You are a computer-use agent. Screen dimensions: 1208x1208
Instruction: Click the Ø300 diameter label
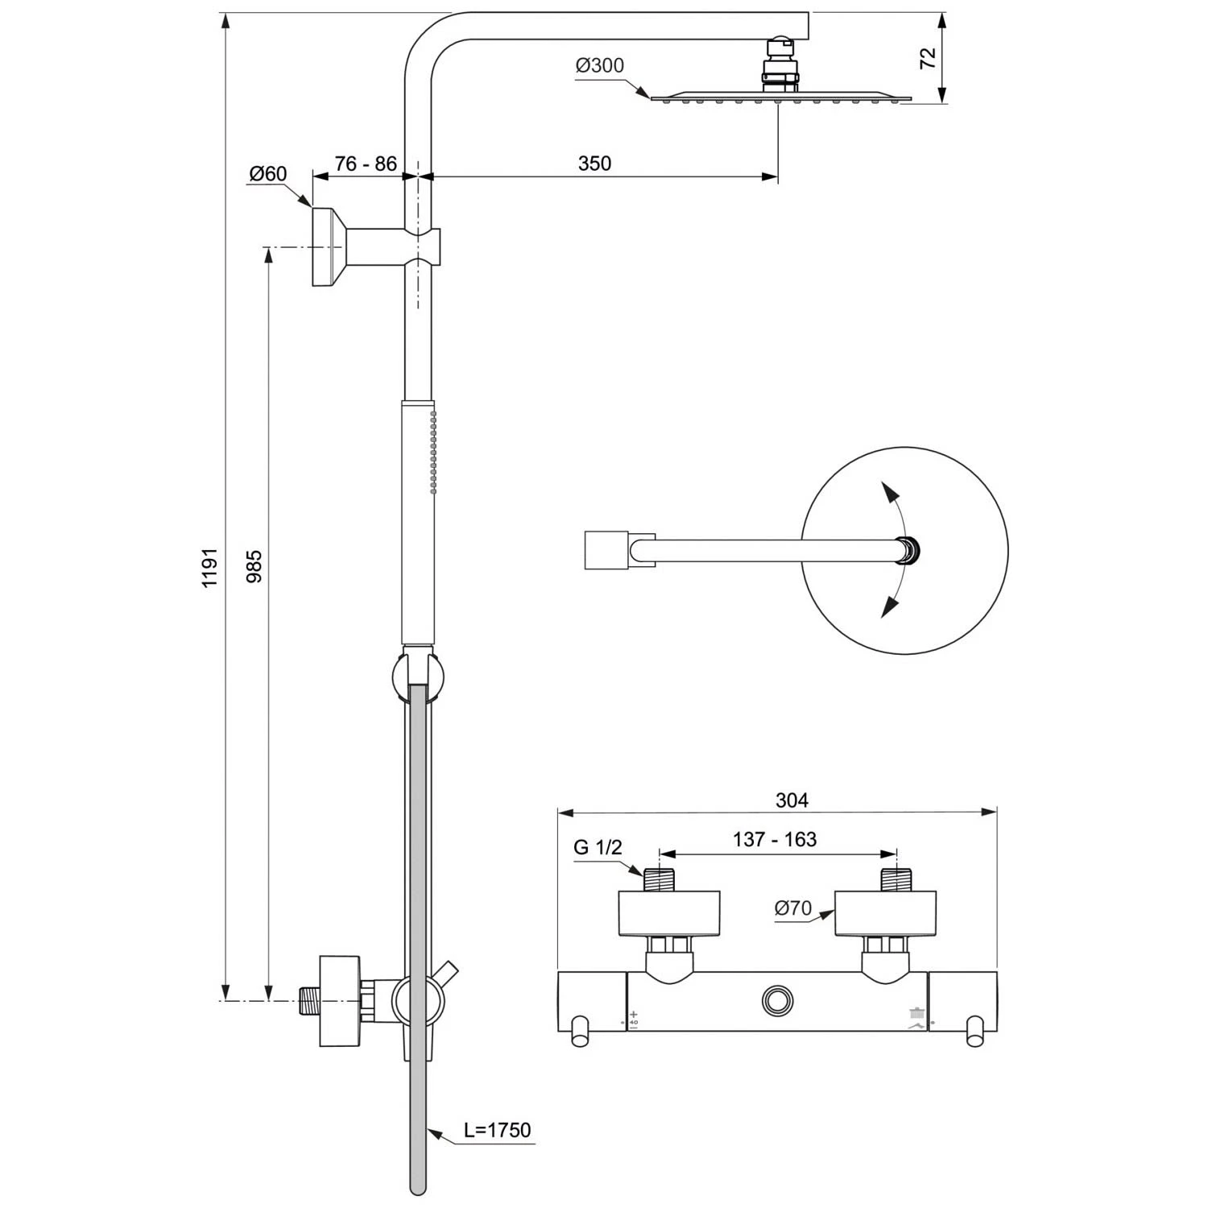600,66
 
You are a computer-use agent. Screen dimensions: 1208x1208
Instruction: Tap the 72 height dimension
929,57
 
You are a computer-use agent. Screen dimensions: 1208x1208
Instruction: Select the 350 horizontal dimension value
594,163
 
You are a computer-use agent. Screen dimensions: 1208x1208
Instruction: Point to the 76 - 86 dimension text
366,163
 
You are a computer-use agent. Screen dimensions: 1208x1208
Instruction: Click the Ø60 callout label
268,174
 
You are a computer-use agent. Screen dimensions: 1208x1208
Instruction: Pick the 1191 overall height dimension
210,568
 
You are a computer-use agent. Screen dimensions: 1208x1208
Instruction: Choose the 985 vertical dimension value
254,566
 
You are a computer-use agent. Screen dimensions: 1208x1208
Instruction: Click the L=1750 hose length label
497,1130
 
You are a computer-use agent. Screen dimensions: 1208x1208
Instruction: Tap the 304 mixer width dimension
792,800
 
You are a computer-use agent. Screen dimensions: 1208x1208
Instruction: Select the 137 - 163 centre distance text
775,839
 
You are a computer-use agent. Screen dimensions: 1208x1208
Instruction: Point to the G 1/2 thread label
598,847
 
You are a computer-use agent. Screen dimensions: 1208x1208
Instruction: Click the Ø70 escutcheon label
793,908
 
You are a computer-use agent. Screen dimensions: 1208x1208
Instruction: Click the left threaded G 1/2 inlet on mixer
659,879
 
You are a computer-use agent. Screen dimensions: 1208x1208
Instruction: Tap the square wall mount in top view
606,550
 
